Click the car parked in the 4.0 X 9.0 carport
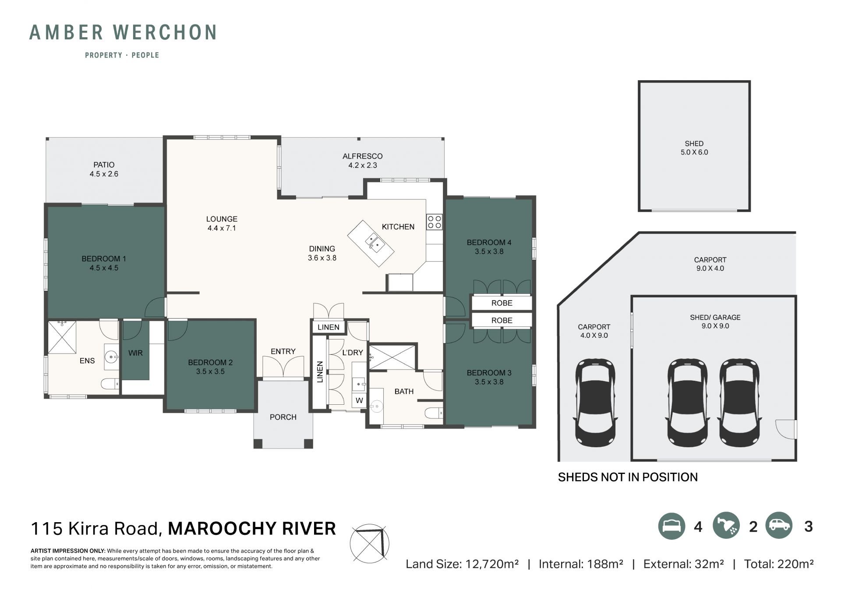(x=595, y=403)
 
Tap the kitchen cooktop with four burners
(x=434, y=222)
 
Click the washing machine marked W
(x=359, y=400)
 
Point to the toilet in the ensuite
(x=110, y=384)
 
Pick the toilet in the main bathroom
(x=434, y=413)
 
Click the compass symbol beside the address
(x=370, y=544)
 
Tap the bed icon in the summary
(x=671, y=526)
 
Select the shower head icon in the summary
(x=726, y=526)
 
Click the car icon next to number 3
(x=779, y=525)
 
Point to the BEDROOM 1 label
(x=104, y=259)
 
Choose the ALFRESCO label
(x=363, y=156)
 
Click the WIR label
(x=135, y=353)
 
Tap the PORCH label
(x=283, y=417)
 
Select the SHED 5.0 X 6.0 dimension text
(x=694, y=152)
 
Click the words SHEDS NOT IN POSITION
(x=628, y=477)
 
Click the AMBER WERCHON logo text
(x=123, y=32)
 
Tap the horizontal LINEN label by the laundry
(x=329, y=327)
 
